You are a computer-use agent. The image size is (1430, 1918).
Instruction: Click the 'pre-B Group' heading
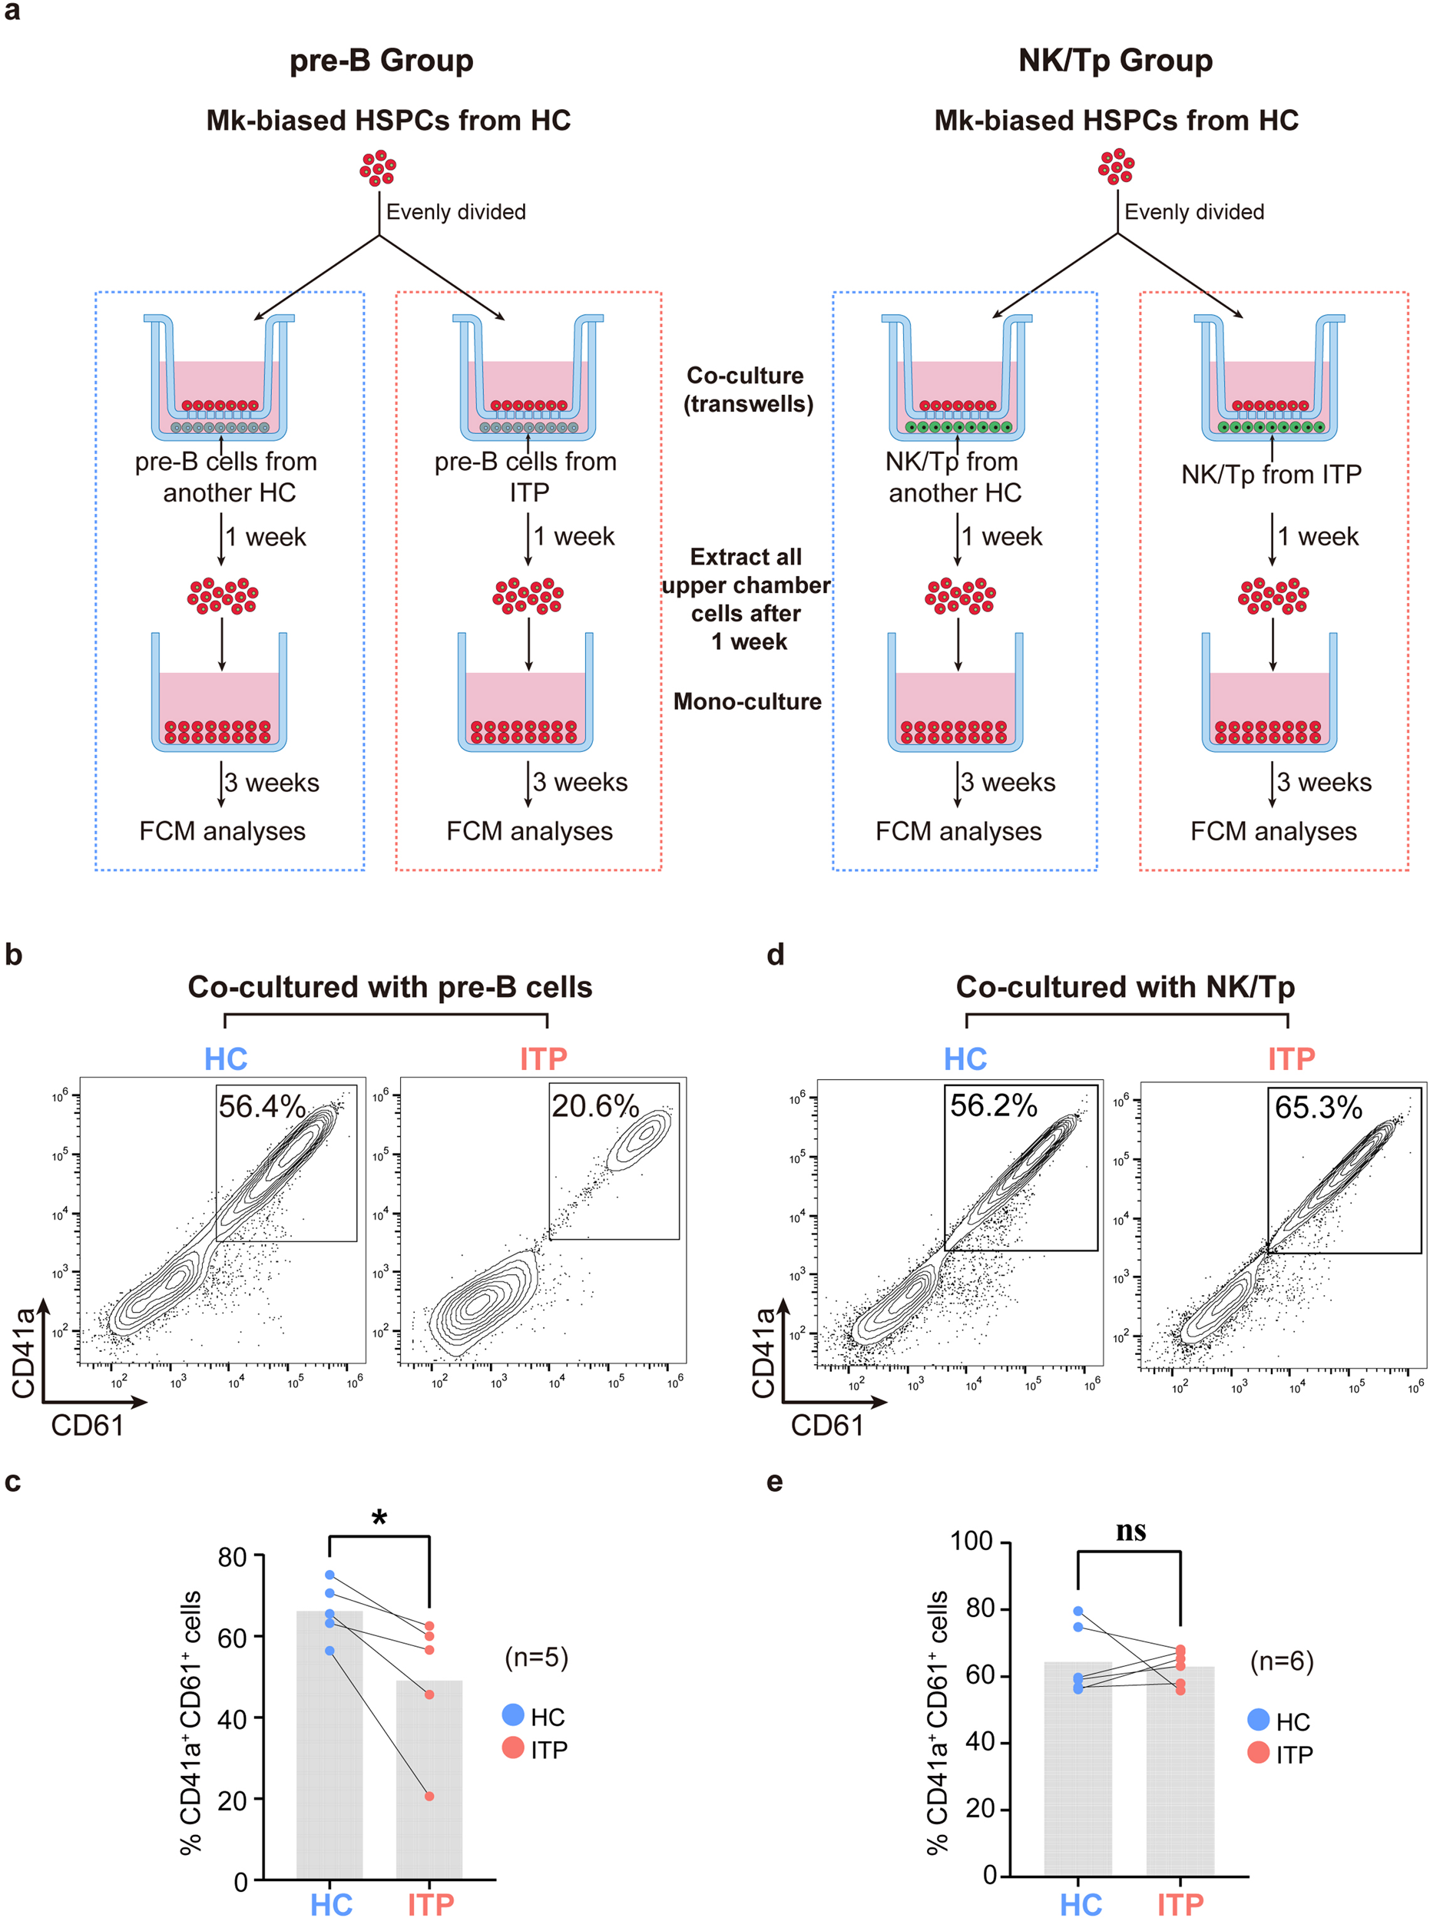pyautogui.click(x=381, y=61)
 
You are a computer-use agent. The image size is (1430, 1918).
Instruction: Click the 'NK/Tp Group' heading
pyautogui.click(x=1115, y=61)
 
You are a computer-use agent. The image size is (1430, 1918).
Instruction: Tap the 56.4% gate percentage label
pyautogui.click(x=261, y=1106)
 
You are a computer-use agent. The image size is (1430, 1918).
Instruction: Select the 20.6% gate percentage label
pyautogui.click(x=594, y=1105)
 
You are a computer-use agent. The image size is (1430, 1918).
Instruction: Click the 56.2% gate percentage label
pyautogui.click(x=993, y=1105)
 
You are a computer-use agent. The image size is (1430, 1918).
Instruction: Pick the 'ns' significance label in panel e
pyautogui.click(x=1130, y=1531)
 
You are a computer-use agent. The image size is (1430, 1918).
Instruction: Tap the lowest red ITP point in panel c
pyautogui.click(x=429, y=1796)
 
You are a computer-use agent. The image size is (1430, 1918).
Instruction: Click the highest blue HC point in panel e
pyautogui.click(x=1077, y=1611)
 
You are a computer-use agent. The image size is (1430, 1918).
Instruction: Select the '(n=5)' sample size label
pyautogui.click(x=537, y=1657)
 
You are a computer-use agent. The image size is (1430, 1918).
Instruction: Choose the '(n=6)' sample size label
pyautogui.click(x=1281, y=1661)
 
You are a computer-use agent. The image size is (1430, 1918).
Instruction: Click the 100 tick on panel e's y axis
pyautogui.click(x=972, y=1542)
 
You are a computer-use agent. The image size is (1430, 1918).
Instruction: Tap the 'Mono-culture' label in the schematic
pyautogui.click(x=747, y=701)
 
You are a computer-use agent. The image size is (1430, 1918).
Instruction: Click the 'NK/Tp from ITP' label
pyautogui.click(x=1271, y=474)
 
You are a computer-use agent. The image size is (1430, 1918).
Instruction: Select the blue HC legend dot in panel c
pyautogui.click(x=513, y=1714)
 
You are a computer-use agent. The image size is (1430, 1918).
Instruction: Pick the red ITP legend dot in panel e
pyautogui.click(x=1259, y=1753)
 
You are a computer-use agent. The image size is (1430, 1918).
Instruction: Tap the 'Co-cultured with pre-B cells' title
pyautogui.click(x=389, y=987)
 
